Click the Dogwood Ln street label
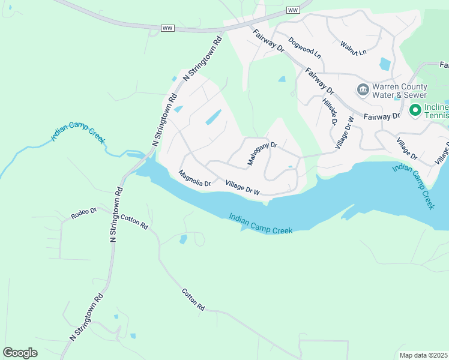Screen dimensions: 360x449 [x=305, y=48]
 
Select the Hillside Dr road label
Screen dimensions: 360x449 [x=329, y=112]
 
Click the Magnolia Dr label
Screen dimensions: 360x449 [x=195, y=178]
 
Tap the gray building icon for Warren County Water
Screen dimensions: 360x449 [x=363, y=90]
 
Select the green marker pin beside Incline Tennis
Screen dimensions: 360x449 [x=415, y=110]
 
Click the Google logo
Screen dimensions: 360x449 [x=20, y=353]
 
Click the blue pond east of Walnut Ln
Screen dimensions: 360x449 [x=385, y=63]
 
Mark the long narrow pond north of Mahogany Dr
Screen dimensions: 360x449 [x=214, y=117]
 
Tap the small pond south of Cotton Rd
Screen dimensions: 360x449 [x=183, y=239]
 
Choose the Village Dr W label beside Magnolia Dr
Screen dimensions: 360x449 [x=243, y=187]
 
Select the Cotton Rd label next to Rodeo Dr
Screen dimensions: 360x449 [x=134, y=222]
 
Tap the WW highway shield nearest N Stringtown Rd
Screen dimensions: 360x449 [x=167, y=28]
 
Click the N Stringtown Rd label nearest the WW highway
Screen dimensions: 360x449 [x=203, y=59]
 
